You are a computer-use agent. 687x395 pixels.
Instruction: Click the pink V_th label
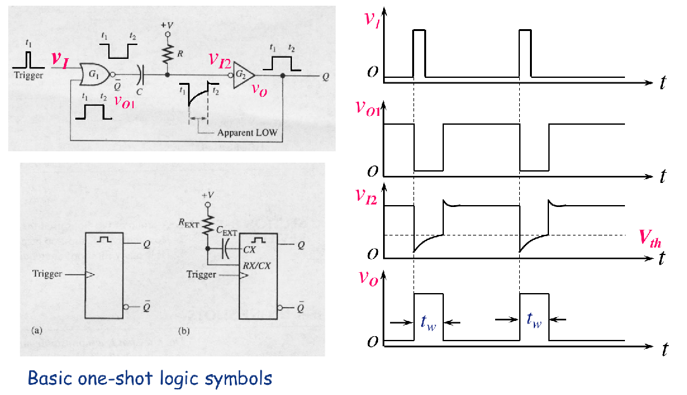coord(652,239)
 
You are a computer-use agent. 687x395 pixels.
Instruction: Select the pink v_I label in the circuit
coord(61,60)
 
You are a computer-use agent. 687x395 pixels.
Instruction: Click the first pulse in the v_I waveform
coord(419,54)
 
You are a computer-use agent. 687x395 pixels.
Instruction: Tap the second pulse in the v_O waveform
coord(534,317)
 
